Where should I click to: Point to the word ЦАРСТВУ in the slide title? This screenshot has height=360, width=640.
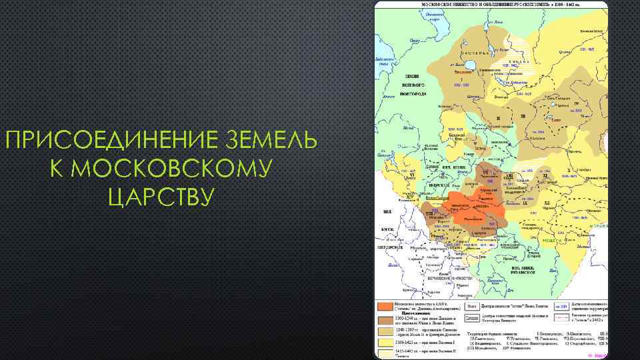pos(160,197)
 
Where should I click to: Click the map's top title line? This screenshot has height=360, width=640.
pos(491,5)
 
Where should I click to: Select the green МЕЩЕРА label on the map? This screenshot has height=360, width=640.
pos(550,238)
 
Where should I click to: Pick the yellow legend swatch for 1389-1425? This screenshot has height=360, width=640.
pos(384,342)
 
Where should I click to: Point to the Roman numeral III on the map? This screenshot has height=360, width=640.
pos(524,117)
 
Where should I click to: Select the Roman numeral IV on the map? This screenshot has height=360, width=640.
pos(576,104)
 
